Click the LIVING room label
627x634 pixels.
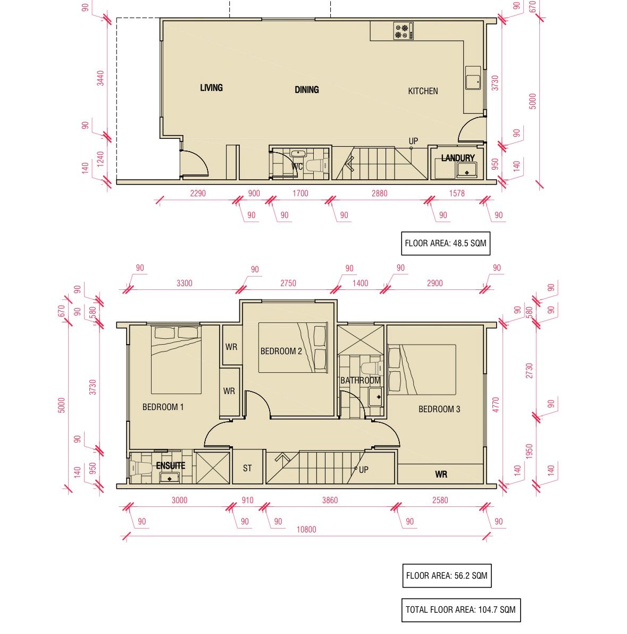[x=212, y=88]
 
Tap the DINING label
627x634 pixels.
[x=307, y=90]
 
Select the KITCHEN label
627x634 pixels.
[x=423, y=91]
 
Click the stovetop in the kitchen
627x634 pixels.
[x=404, y=31]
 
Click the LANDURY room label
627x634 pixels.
[x=458, y=158]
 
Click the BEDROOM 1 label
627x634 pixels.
[x=163, y=407]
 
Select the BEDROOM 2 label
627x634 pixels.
[x=281, y=352]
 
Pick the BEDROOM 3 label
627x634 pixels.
[x=439, y=409]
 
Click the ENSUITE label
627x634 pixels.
[x=171, y=466]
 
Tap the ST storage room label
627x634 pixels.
[x=247, y=468]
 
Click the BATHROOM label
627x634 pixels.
[x=361, y=380]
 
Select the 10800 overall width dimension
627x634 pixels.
[x=306, y=530]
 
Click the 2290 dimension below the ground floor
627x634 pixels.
[x=198, y=193]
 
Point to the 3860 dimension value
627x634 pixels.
[x=330, y=500]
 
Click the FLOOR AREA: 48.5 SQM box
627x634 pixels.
[x=446, y=244]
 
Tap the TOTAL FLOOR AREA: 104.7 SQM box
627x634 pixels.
[x=461, y=610]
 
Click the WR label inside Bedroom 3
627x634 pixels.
[x=441, y=474]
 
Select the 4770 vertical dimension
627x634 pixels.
[x=496, y=405]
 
